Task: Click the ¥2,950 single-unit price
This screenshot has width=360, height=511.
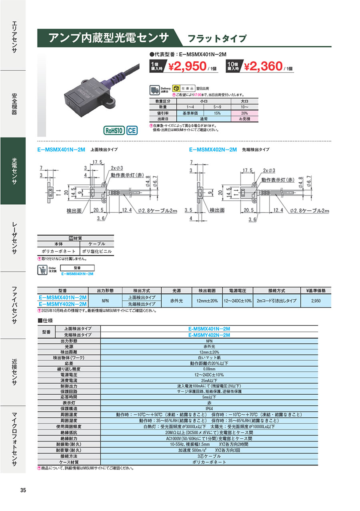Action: (187, 66)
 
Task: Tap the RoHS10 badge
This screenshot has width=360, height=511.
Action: (114, 130)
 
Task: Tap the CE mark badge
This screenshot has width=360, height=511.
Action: (132, 130)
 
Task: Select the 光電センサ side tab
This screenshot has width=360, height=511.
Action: (13, 171)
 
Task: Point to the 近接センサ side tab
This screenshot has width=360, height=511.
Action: (13, 372)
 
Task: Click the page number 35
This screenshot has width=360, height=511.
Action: (23, 491)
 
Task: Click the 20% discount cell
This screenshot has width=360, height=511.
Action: (244, 113)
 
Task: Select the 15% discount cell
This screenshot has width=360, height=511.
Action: (217, 113)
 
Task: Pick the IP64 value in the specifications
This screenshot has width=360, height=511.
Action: (209, 409)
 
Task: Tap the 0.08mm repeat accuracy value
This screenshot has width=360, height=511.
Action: (209, 369)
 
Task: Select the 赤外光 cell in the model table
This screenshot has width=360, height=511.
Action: (177, 300)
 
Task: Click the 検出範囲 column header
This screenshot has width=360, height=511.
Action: (205, 290)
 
